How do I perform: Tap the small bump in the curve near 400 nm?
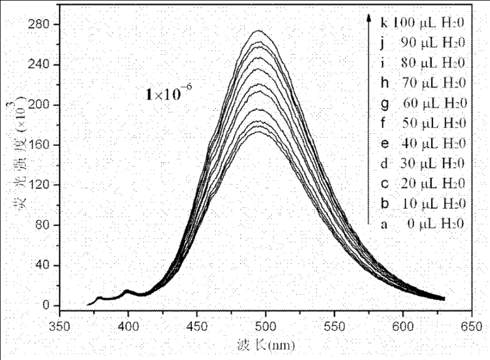[x=127, y=290]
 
